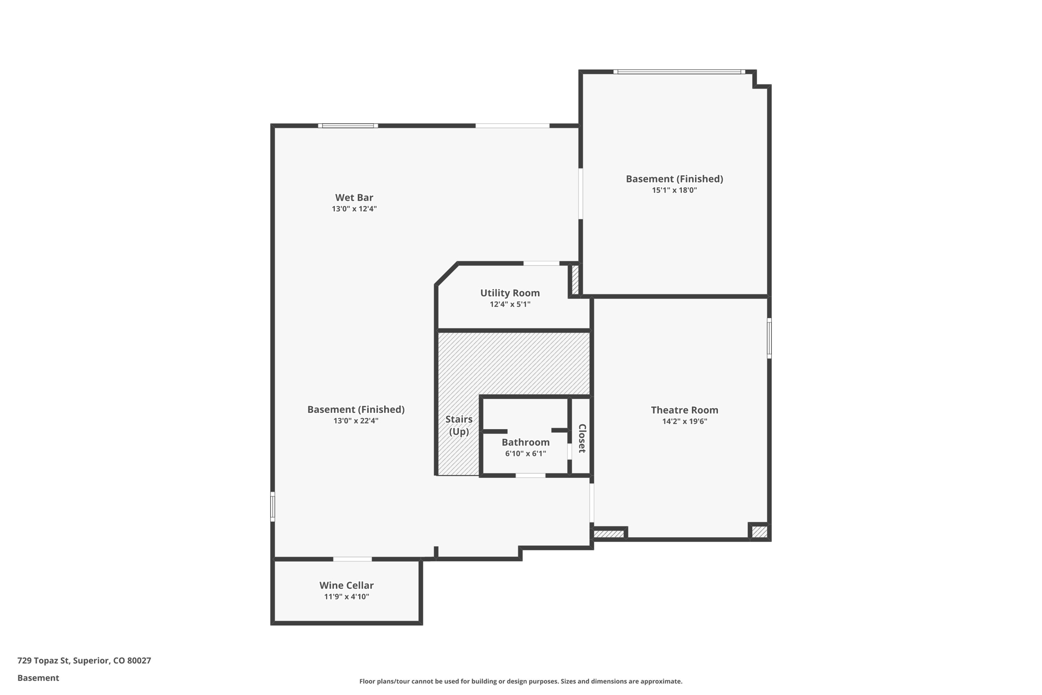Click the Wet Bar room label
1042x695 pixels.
(x=354, y=198)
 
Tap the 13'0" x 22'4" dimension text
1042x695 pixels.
(x=356, y=421)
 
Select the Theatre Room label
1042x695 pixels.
(x=684, y=410)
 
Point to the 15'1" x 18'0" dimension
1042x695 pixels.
(x=674, y=190)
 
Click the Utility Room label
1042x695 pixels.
(x=510, y=293)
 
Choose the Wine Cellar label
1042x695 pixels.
(x=346, y=586)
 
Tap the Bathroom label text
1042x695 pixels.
(x=526, y=442)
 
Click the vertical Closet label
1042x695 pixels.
(x=582, y=438)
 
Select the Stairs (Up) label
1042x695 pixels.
(x=459, y=425)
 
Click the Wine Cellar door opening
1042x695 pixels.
(x=352, y=559)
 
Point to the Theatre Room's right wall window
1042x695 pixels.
(x=769, y=338)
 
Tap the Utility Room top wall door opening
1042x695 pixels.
(x=541, y=263)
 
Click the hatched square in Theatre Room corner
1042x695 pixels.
(x=759, y=532)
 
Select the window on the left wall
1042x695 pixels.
(x=273, y=507)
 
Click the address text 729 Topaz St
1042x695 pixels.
(x=84, y=660)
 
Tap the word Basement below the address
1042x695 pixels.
(x=38, y=678)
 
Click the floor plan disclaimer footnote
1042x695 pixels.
(x=520, y=681)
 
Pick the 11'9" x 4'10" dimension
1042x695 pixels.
(x=346, y=597)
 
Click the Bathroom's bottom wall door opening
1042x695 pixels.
(x=530, y=475)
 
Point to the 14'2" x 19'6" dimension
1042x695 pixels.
(x=684, y=422)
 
